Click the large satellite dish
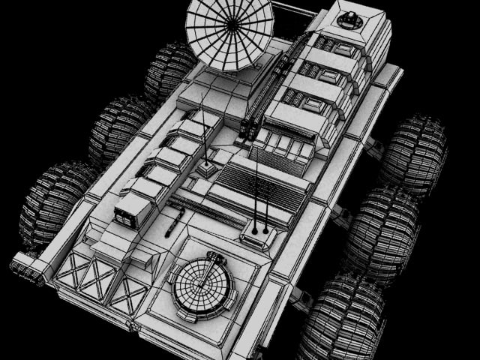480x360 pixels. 229,34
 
